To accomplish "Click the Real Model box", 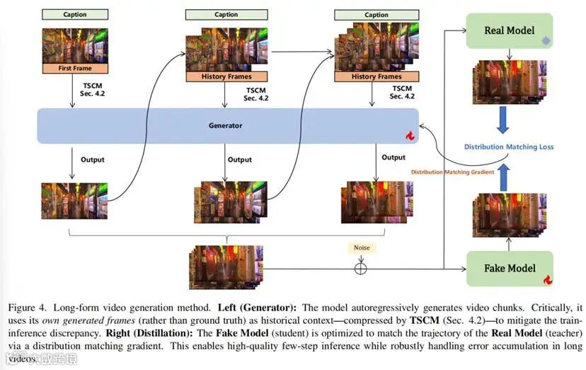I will (x=510, y=31).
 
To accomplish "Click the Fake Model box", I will (x=510, y=269).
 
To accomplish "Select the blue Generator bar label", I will (x=225, y=125).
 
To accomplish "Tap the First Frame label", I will (x=74, y=69).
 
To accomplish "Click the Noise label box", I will (x=362, y=248).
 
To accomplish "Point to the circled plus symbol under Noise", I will (x=362, y=268).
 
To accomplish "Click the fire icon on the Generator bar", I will (x=409, y=135).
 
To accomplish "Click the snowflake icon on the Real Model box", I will (x=545, y=41).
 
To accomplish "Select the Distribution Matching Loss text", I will (x=509, y=147).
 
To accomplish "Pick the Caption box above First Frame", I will (x=74, y=14).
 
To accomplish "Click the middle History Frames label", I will (x=226, y=77).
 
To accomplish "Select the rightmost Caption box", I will (x=377, y=15).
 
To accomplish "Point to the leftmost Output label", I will (x=93, y=159).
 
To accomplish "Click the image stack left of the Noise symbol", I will (x=225, y=266).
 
